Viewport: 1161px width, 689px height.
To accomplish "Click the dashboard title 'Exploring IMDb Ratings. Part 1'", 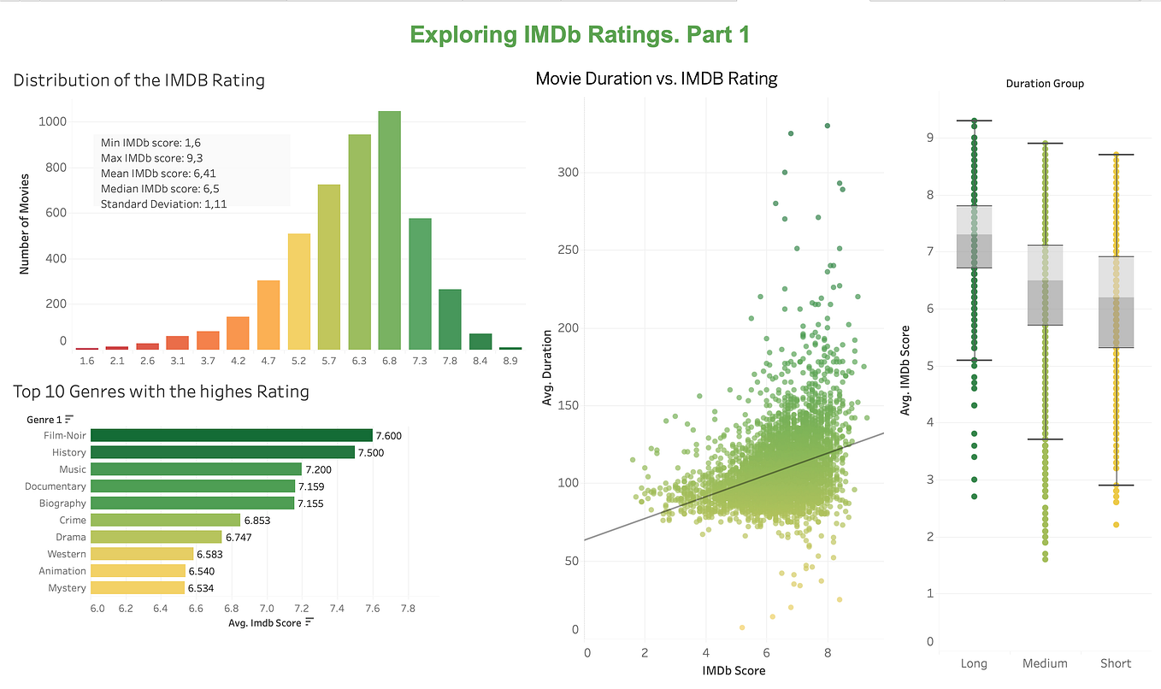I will (x=580, y=34).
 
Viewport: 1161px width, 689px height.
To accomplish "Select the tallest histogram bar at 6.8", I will (x=389, y=231).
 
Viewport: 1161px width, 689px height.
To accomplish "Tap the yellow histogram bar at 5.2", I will (x=298, y=291).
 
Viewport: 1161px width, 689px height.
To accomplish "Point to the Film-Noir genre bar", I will (x=231, y=435).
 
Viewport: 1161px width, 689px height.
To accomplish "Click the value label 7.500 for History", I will (x=370, y=452).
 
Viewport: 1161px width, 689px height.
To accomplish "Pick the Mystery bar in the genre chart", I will (x=137, y=588).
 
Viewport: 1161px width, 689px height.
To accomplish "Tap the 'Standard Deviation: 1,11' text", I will (x=163, y=204).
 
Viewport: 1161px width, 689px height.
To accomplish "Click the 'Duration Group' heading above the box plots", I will (x=1045, y=84).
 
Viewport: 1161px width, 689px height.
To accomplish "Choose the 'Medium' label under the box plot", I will (x=1044, y=663).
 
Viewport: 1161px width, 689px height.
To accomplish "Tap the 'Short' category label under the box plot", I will (x=1115, y=663).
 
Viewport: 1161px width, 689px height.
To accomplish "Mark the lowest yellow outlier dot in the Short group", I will (x=1115, y=525).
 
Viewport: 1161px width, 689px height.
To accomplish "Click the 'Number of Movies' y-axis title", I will (x=24, y=224).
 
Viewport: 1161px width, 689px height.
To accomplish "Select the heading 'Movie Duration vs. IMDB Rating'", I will (x=656, y=79).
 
